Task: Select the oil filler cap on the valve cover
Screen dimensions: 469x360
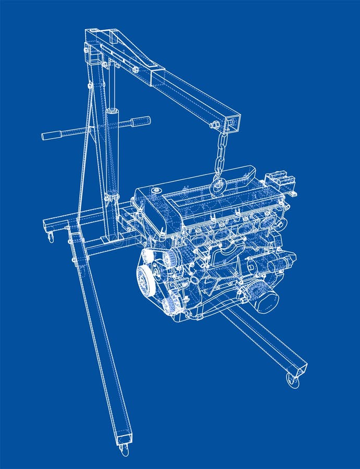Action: [x=156, y=191]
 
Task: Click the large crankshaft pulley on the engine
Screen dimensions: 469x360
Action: [x=145, y=280]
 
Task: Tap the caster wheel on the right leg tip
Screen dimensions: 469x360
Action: [x=293, y=381]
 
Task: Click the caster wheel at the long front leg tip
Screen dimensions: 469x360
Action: [x=124, y=449]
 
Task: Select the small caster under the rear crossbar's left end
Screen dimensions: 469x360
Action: [x=51, y=238]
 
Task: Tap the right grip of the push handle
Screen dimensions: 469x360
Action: [x=140, y=121]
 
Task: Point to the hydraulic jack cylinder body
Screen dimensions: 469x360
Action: [x=112, y=151]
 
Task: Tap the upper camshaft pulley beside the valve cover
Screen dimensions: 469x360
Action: [x=169, y=258]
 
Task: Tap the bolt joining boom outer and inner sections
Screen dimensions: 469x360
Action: [x=135, y=69]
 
